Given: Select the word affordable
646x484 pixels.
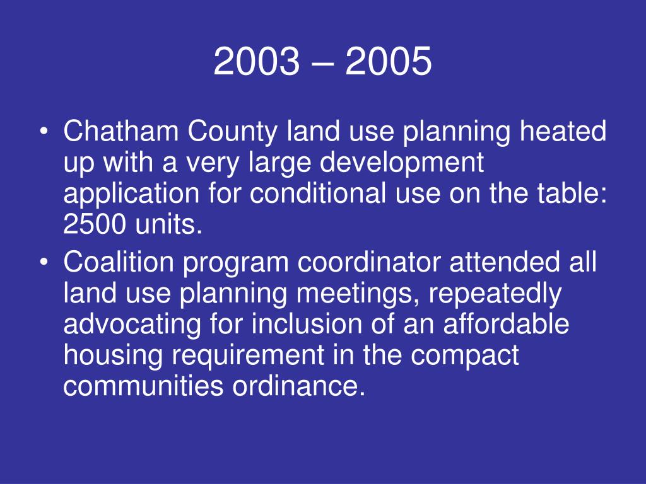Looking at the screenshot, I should click(x=506, y=325).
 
